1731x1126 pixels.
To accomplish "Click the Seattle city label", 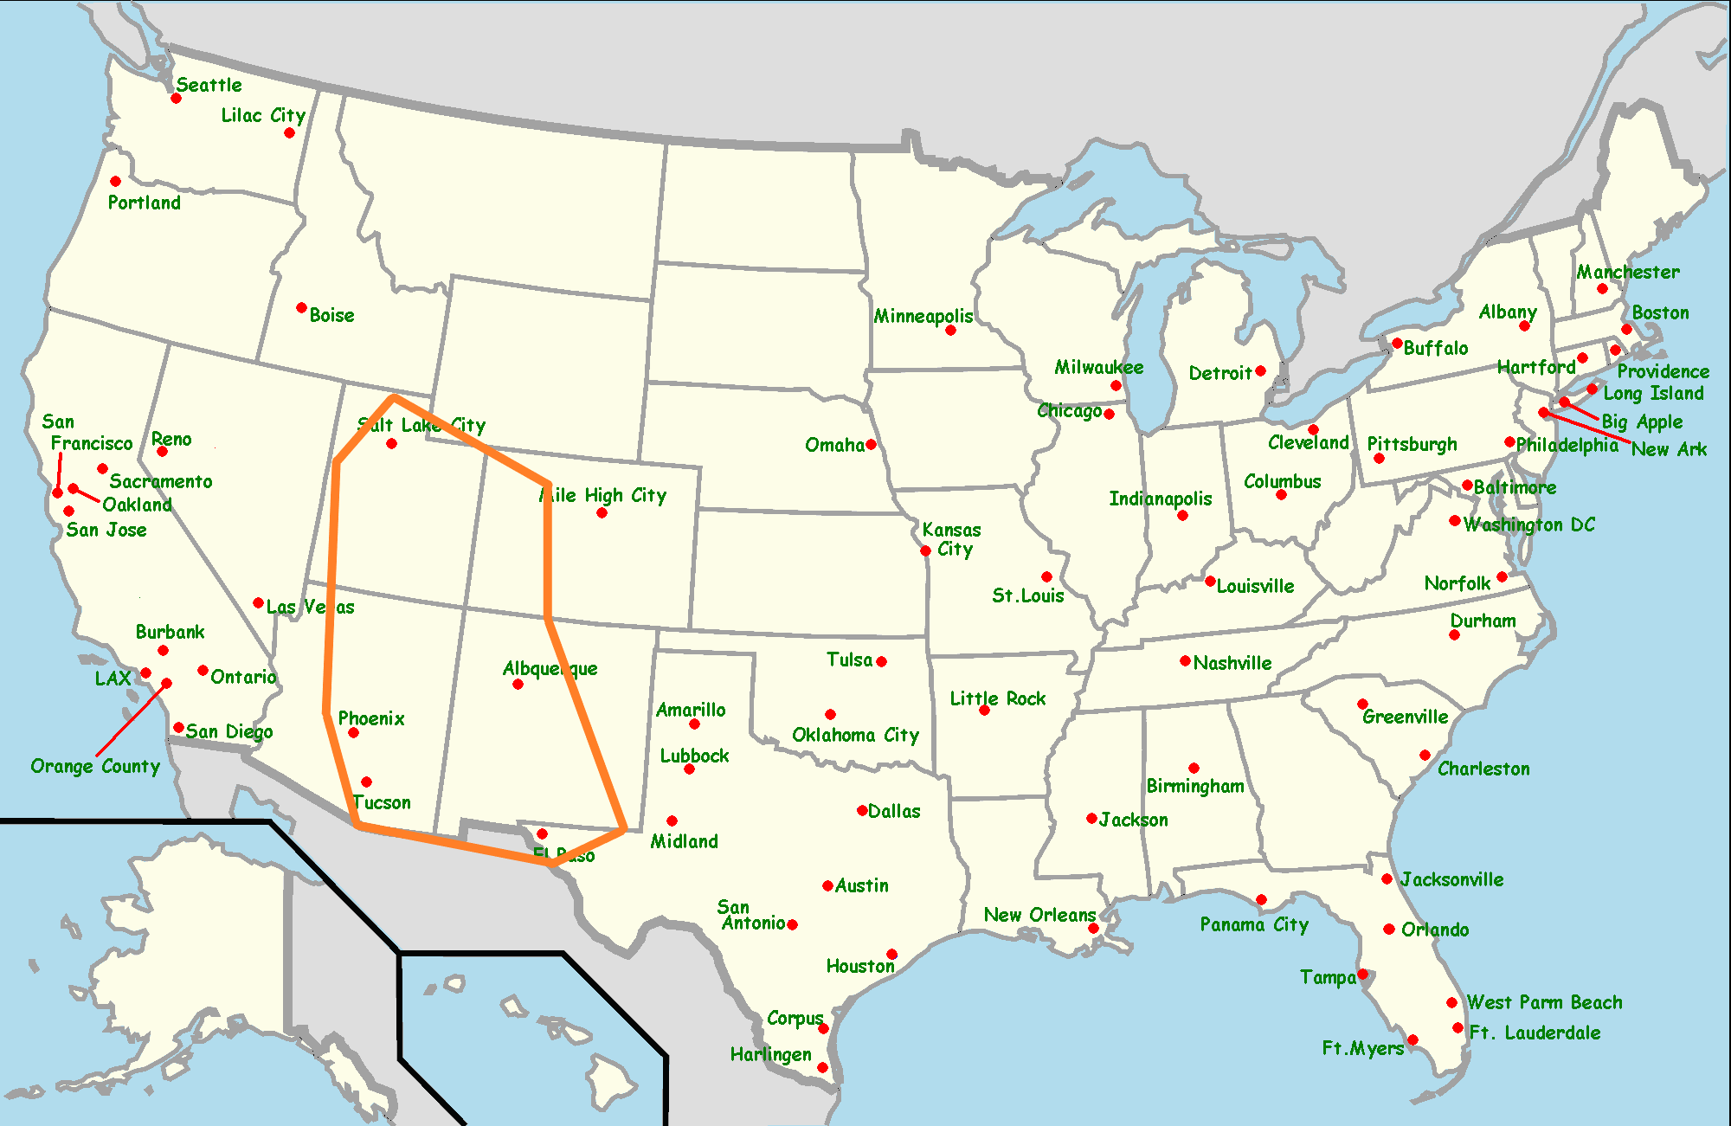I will tap(209, 85).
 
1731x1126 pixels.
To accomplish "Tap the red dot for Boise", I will tap(301, 308).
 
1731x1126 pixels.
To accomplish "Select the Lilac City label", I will tap(263, 116).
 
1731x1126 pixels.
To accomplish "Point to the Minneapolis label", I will tap(923, 316).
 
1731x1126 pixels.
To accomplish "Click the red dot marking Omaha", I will tap(871, 445).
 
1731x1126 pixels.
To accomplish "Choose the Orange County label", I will tap(95, 767).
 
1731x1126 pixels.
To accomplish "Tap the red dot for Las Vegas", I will tap(258, 603).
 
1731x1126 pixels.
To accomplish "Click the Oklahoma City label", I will tap(855, 736).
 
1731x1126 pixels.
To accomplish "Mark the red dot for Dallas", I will tap(862, 811).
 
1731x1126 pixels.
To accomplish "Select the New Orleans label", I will tap(1039, 915).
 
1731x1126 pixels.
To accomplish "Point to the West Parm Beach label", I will tap(1544, 1002).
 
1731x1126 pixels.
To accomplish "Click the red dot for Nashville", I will tap(1185, 661).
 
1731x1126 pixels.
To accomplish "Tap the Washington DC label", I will tap(1528, 525).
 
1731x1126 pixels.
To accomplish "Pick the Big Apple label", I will tap(1642, 422).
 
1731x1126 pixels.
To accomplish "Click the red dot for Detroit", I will tap(1260, 371).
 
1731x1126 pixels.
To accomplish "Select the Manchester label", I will tap(1627, 273).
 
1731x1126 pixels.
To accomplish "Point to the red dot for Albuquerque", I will tap(518, 685).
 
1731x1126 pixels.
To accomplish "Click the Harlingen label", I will tap(770, 1054).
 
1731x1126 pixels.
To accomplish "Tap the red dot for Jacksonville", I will tap(1387, 879).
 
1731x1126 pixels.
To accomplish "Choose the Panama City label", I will tap(1254, 925).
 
